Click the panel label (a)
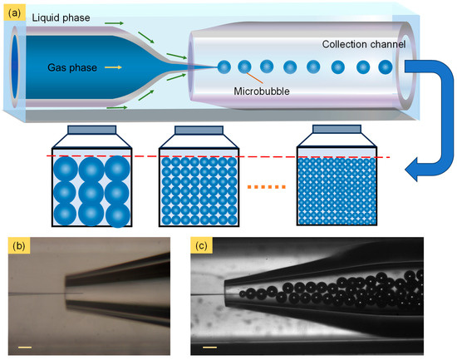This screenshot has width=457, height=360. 14,12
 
